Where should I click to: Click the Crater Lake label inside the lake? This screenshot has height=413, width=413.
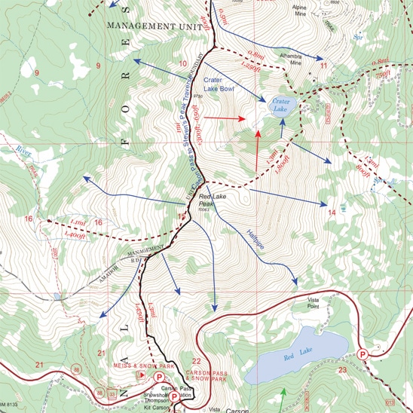coord(280,105)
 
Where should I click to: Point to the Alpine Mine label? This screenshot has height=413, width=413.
coord(301,8)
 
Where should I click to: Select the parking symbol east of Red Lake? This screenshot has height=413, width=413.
coord(364,353)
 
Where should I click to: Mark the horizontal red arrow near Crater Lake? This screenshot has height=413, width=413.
coord(229,118)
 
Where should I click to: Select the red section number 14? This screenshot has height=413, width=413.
coord(331,213)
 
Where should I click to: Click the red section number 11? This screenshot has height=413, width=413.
coord(324,66)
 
